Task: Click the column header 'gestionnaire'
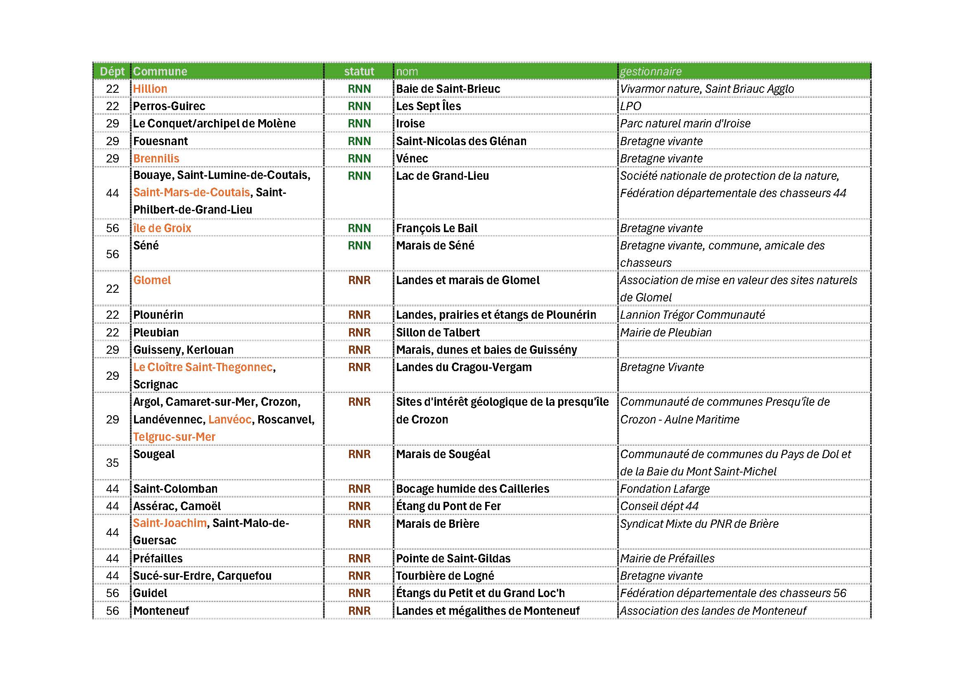click(651, 71)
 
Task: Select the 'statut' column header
click(359, 71)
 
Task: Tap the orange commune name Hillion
click(150, 89)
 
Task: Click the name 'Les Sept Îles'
click(428, 106)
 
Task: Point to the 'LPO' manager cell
click(630, 106)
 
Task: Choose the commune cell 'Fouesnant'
click(160, 141)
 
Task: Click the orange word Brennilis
click(156, 158)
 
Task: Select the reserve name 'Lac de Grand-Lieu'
click(442, 176)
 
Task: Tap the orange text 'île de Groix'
click(162, 228)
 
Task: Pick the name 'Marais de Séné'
click(435, 245)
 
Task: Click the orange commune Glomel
click(152, 280)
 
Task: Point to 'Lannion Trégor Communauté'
click(692, 315)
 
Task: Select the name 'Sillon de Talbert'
click(437, 332)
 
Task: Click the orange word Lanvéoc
click(230, 419)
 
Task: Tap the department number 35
click(112, 463)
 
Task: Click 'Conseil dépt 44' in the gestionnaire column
click(659, 506)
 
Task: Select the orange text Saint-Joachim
click(170, 523)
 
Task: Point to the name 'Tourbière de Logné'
click(445, 576)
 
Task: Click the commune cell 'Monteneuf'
click(161, 611)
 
